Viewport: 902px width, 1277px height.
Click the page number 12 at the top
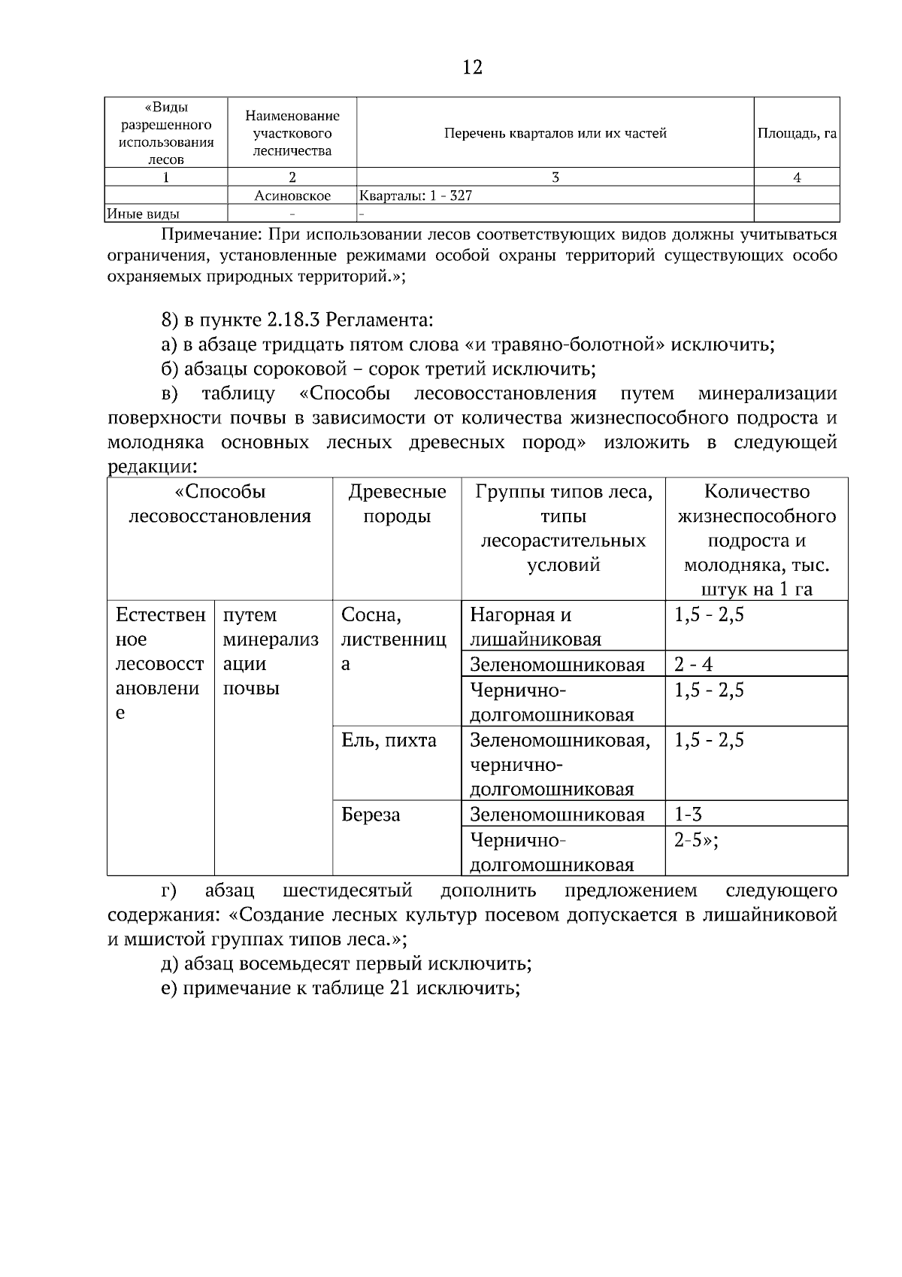click(472, 68)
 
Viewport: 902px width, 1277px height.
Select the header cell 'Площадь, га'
click(797, 133)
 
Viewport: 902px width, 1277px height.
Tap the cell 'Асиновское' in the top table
click(292, 196)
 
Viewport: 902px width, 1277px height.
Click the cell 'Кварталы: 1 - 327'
click(416, 196)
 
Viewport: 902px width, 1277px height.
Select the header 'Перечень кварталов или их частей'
click(555, 133)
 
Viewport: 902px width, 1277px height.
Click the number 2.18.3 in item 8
click(293, 320)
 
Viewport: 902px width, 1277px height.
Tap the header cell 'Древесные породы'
click(397, 504)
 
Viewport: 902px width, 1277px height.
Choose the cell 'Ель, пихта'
click(389, 740)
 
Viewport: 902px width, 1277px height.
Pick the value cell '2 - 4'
click(693, 665)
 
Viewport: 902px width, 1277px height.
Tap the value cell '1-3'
click(688, 814)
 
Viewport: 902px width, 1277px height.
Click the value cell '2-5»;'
click(696, 840)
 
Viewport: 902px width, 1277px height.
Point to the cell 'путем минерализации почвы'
click(271, 651)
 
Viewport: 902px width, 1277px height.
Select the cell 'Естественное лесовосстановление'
click(159, 663)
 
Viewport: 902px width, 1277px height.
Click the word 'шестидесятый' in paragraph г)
click(347, 891)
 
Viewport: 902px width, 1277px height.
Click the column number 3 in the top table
click(555, 177)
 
